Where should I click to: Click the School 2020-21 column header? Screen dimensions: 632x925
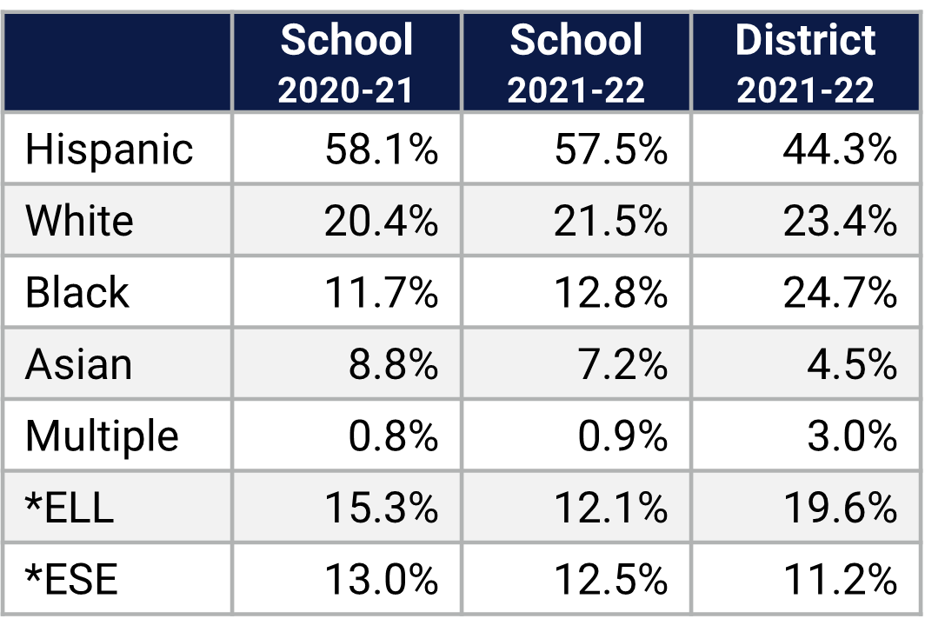point(346,63)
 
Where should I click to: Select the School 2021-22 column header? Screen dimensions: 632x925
point(576,63)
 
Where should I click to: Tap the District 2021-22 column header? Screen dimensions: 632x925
point(806,63)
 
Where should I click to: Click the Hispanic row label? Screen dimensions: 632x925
point(109,150)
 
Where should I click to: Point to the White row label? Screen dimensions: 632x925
point(79,221)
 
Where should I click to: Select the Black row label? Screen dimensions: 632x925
point(77,292)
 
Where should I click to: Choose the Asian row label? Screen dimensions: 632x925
point(78,364)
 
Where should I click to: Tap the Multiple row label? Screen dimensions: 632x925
point(102,436)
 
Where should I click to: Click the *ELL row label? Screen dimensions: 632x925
point(70,508)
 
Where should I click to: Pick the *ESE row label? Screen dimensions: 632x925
point(71,579)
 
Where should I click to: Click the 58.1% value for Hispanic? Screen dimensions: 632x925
point(381,150)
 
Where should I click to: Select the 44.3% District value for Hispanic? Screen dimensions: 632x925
point(839,150)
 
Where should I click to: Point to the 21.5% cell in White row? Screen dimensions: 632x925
point(610,221)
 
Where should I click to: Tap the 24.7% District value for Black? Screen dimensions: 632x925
point(839,292)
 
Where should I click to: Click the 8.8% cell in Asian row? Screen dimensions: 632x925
point(393,364)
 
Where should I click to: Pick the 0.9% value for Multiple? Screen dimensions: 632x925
point(622,436)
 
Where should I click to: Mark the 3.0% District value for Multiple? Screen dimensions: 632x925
point(851,436)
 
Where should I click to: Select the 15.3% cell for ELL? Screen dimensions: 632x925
point(381,508)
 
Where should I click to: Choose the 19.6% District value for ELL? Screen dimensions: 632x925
point(839,508)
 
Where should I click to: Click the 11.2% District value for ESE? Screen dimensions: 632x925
point(839,579)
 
